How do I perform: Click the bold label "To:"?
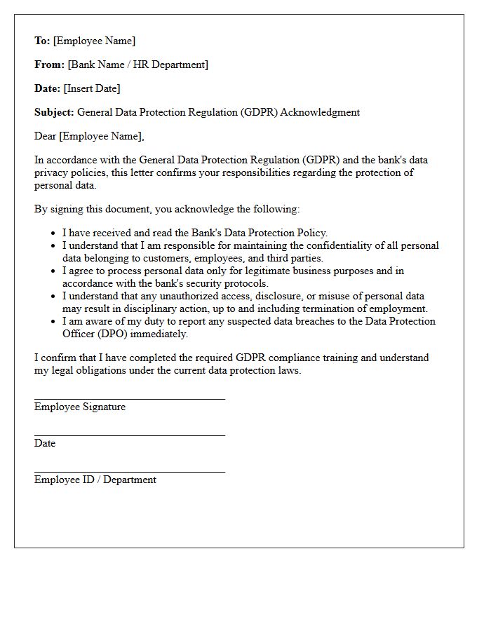coord(42,41)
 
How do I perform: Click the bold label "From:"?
coord(49,65)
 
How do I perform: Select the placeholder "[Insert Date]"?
coord(92,88)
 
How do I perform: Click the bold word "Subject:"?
coord(54,112)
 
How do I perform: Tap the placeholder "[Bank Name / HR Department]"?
coord(138,65)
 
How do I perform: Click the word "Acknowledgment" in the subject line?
coord(320,112)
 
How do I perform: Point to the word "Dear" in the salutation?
coord(46,136)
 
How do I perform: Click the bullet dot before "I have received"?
coord(53,233)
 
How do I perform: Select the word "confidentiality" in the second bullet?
coord(318,245)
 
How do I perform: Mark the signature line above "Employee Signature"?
coord(130,399)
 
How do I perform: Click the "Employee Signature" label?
coord(80,407)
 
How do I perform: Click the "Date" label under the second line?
coord(45,443)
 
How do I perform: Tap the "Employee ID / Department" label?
coord(95,480)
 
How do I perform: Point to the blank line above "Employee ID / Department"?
coord(130,472)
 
